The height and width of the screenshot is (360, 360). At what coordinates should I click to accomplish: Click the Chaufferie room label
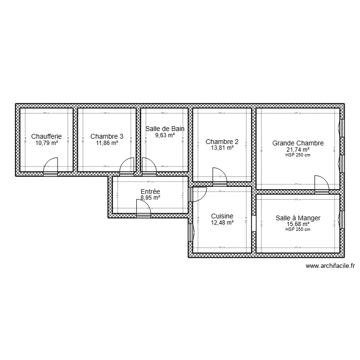(x=46, y=136)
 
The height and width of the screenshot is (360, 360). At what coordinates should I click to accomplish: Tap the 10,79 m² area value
(x=46, y=143)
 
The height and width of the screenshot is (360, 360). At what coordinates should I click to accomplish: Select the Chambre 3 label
(x=107, y=136)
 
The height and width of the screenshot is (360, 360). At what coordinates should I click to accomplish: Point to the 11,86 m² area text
(x=107, y=143)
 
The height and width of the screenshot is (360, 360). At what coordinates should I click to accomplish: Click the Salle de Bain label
(x=165, y=129)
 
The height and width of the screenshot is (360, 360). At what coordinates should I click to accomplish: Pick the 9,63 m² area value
(x=165, y=135)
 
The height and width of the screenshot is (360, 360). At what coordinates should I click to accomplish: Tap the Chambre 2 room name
(x=222, y=142)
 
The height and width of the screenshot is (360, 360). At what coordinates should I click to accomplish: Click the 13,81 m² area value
(x=222, y=148)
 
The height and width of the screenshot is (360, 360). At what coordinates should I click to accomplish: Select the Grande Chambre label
(x=298, y=143)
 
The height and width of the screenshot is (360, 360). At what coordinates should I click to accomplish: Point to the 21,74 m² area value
(x=298, y=150)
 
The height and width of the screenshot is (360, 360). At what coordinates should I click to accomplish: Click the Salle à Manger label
(x=298, y=218)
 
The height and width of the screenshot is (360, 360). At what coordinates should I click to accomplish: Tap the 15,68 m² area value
(x=298, y=224)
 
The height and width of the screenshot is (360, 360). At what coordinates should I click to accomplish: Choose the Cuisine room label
(x=222, y=216)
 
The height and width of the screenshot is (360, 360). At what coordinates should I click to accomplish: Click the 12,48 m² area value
(x=222, y=223)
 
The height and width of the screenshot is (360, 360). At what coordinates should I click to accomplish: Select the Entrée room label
(x=150, y=191)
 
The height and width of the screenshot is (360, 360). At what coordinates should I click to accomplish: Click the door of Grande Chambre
(x=321, y=183)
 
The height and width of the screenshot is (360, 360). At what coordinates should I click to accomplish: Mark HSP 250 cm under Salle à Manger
(x=298, y=229)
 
